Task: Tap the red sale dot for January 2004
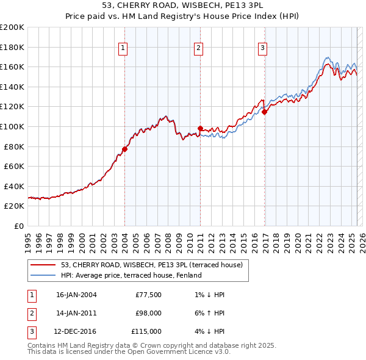pyautogui.click(x=124, y=149)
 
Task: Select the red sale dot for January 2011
pyautogui.click(x=200, y=128)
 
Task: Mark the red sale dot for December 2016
pyautogui.click(x=264, y=112)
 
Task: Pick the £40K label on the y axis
pyautogui.click(x=14, y=186)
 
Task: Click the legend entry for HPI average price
pyautogui.click(x=131, y=275)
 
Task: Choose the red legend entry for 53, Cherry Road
pyautogui.click(x=152, y=265)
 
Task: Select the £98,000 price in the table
pyautogui.click(x=148, y=313)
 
